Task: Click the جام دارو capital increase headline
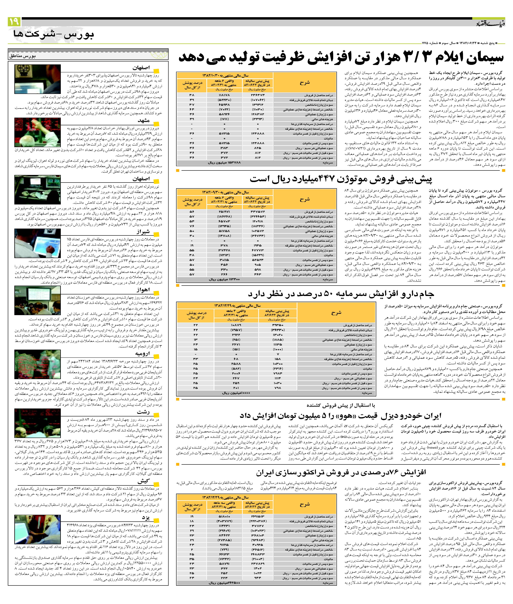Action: (x=341, y=294)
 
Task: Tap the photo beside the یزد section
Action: (x=37, y=529)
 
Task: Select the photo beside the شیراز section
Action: (x=37, y=243)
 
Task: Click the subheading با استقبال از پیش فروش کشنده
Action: (x=341, y=405)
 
